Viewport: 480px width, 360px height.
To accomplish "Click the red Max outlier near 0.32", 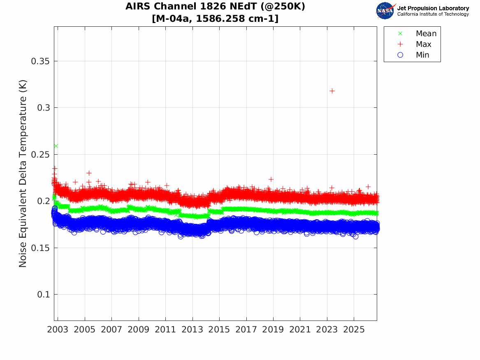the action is coord(332,91).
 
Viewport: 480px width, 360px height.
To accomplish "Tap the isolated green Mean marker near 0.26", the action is coord(56,146).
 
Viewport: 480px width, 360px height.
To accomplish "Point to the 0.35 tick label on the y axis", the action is coord(40,61).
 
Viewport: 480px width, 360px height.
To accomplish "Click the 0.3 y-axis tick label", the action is coord(43,108).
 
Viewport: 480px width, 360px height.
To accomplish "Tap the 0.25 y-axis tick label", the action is coord(40,155).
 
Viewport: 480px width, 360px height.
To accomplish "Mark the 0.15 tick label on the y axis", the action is coord(40,248).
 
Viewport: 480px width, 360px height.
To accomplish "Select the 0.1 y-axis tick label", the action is coord(43,295).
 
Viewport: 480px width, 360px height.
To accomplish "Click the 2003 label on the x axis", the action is coord(58,330).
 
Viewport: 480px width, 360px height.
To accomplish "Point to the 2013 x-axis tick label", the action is coord(192,330).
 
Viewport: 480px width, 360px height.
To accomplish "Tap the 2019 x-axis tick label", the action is coord(273,330).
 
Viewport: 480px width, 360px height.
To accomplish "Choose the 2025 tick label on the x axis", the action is coord(354,330).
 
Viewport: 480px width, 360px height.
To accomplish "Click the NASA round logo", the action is coord(385,11).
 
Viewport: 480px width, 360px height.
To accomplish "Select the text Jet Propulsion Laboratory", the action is coord(433,8).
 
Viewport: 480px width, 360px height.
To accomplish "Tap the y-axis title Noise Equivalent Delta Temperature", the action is coord(23,174).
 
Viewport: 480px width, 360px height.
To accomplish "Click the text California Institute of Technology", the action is coord(433,14).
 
